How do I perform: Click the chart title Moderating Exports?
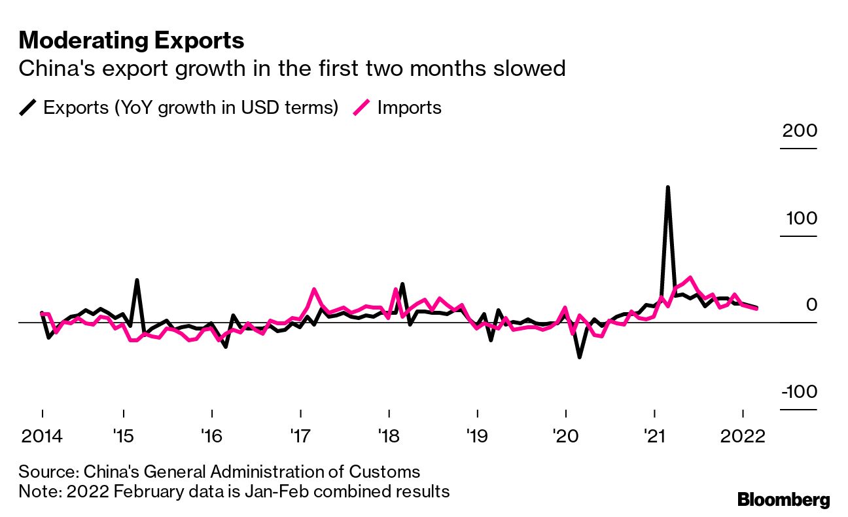pos(132,41)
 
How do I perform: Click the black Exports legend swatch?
pos(29,107)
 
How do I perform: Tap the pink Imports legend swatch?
pos(362,107)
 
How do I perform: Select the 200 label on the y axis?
pos(799,131)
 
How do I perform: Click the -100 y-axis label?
pos(796,392)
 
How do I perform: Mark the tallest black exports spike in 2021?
pos(667,188)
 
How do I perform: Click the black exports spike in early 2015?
pos(137,281)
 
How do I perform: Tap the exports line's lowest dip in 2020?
pos(580,357)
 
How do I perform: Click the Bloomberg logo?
pos(784,500)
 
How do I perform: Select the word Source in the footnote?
pos(41,472)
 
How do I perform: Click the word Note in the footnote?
pos(37,491)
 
